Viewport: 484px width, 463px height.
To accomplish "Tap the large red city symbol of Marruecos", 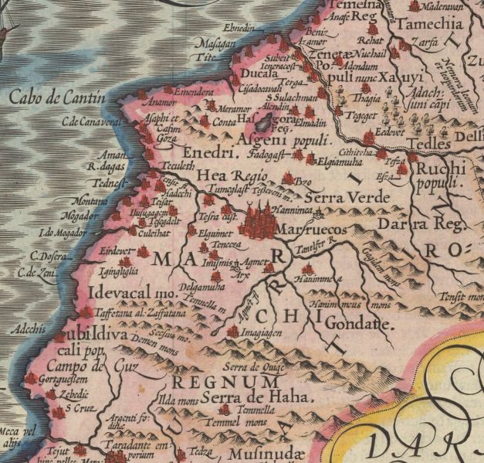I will click(x=259, y=221).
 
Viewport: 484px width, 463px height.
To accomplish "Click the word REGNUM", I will click(x=224, y=383).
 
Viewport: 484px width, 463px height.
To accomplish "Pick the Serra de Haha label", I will click(x=252, y=398).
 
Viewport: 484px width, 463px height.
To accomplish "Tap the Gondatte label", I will click(x=359, y=323).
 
